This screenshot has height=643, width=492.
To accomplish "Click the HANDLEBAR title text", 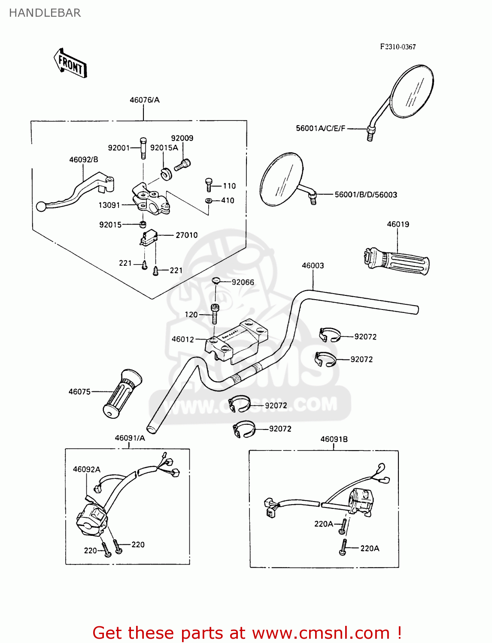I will click(45, 13).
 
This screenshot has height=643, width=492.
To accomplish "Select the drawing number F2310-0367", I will click(398, 47).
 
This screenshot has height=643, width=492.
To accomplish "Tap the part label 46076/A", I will click(144, 100).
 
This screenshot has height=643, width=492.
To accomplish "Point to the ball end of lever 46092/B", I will click(41, 207).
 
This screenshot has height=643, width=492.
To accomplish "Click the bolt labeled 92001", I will click(143, 147).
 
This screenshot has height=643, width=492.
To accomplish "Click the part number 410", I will click(228, 200).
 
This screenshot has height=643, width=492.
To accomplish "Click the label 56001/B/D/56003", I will click(366, 195).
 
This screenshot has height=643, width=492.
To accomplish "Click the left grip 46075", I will click(122, 394).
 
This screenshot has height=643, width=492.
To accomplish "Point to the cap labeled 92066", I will click(216, 281).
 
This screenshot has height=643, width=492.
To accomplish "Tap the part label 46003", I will click(313, 265).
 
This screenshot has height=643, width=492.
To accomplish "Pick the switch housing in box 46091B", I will click(360, 501).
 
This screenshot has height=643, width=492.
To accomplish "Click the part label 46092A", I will click(86, 469).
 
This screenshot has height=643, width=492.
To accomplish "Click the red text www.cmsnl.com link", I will click(321, 633).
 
